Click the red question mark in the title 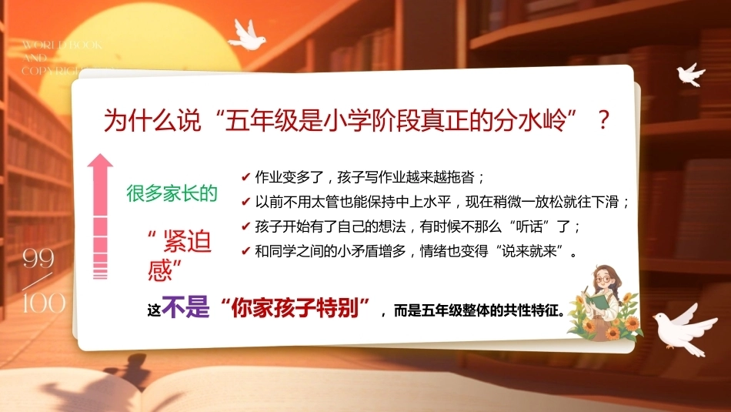(603, 120)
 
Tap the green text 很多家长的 (172, 193)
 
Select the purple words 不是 (185, 307)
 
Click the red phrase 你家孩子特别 (295, 308)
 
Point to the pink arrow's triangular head (100, 160)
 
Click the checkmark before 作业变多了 (246, 177)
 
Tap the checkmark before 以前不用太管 (246, 202)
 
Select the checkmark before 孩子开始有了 (246, 226)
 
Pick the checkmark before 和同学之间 (246, 252)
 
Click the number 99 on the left (38, 258)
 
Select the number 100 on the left (44, 303)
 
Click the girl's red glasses (603, 280)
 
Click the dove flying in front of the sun (247, 35)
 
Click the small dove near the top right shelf (690, 74)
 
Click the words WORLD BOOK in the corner (62, 45)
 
